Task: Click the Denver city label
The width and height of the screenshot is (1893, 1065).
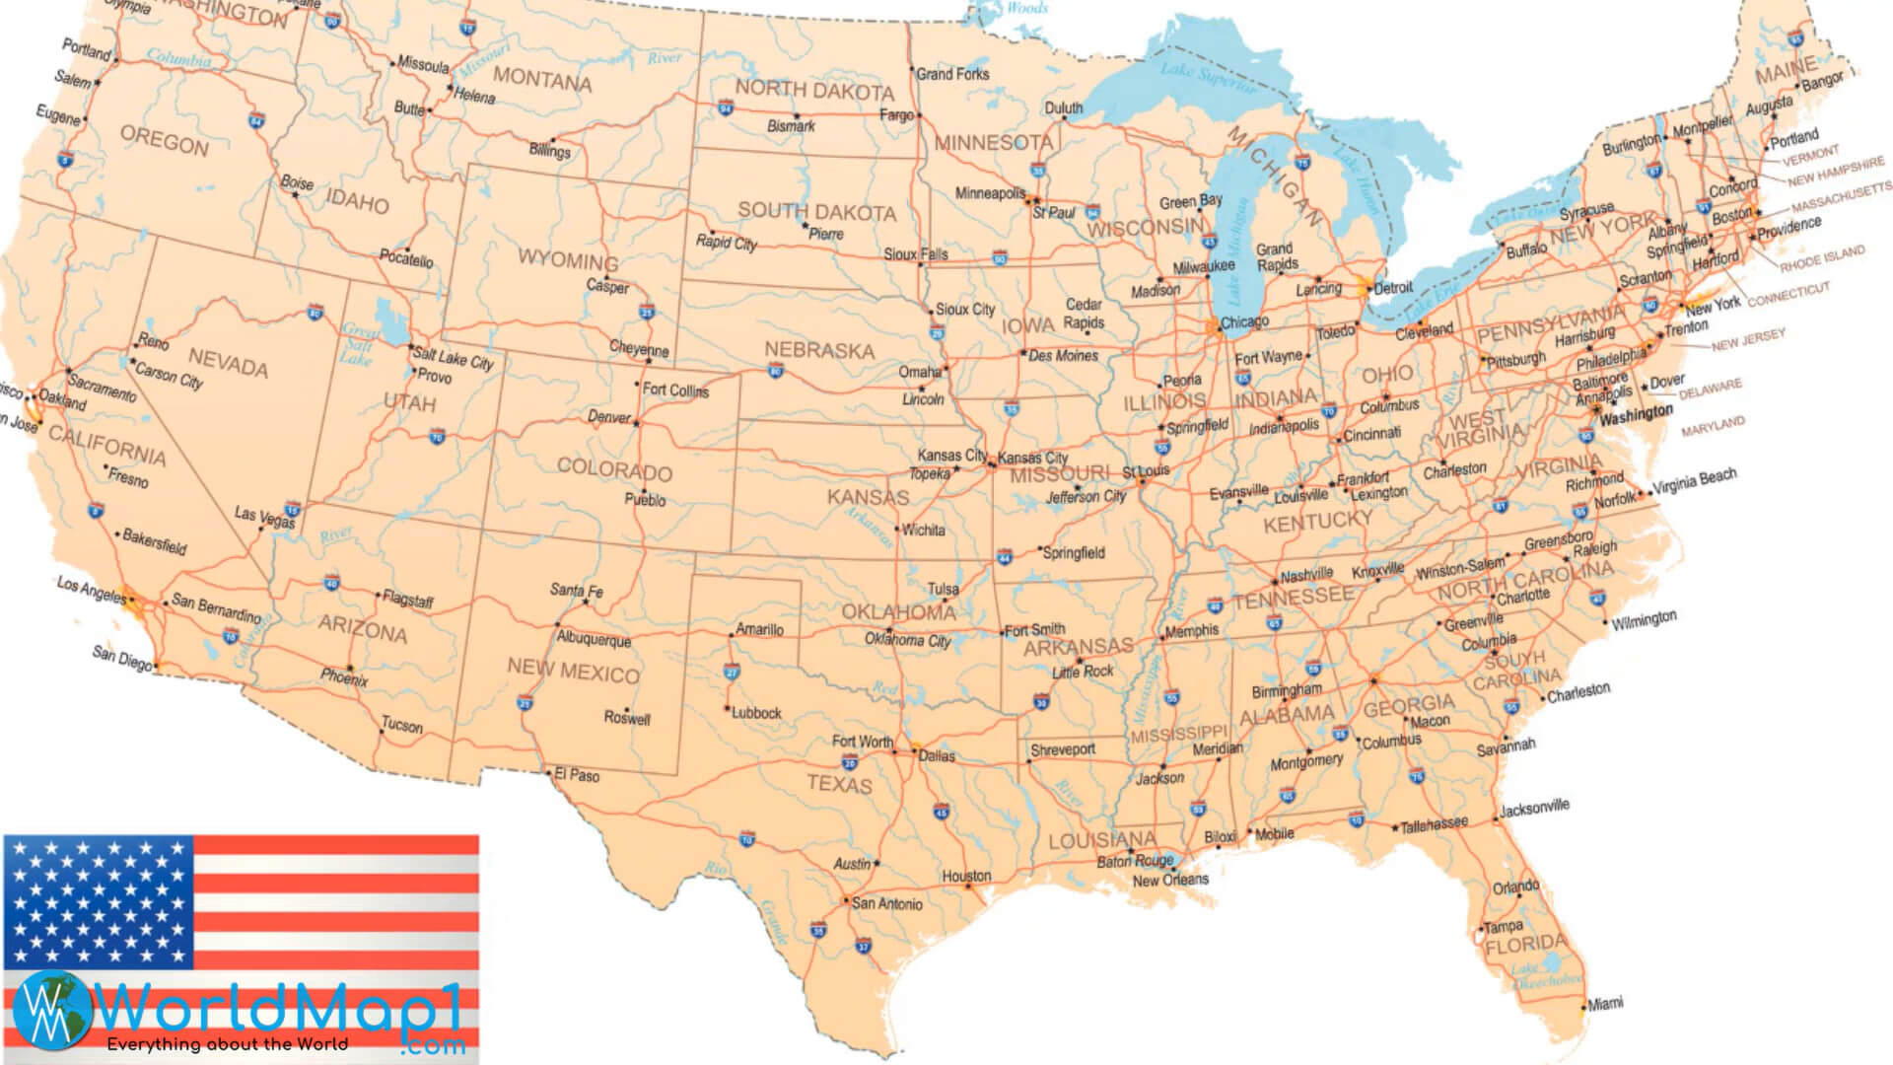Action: tap(608, 417)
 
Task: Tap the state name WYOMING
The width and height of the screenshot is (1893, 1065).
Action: tap(568, 260)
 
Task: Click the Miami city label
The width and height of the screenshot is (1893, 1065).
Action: tap(1605, 1003)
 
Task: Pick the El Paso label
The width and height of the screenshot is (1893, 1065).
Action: tap(577, 775)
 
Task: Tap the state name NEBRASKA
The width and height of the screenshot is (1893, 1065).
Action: tap(819, 350)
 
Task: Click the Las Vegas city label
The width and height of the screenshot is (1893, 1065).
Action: tap(264, 516)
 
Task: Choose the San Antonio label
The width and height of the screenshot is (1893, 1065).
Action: tap(887, 903)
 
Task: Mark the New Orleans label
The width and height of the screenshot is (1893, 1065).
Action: tap(1170, 880)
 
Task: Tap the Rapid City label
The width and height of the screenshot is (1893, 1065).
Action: tap(726, 242)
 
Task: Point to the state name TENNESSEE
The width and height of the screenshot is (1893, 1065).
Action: tap(1294, 597)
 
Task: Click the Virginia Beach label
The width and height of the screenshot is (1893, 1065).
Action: tap(1695, 481)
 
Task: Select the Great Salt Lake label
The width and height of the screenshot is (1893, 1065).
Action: tap(358, 345)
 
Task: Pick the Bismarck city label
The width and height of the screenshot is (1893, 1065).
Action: tap(791, 126)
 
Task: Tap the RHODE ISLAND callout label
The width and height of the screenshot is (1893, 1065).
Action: tap(1822, 258)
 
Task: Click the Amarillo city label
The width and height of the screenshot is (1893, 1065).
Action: tap(759, 629)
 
